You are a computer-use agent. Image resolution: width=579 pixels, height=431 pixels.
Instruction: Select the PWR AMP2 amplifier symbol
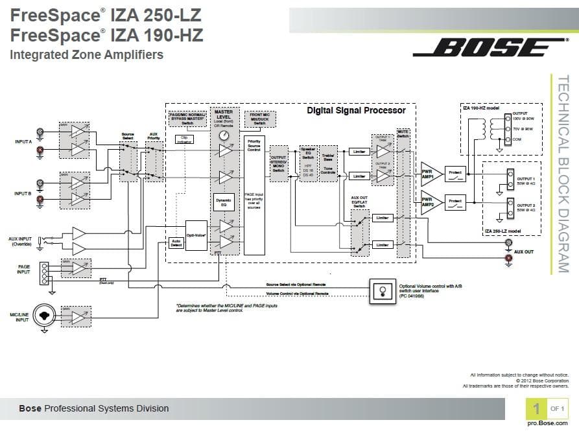click(x=430, y=202)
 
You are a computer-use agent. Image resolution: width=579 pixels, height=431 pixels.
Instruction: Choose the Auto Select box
click(x=175, y=243)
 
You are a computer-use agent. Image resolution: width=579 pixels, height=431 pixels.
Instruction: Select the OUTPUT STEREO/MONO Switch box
click(x=278, y=163)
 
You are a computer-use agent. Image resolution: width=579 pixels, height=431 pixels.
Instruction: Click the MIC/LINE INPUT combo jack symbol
click(x=43, y=316)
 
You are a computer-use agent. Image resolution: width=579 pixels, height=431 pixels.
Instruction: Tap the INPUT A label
click(x=23, y=141)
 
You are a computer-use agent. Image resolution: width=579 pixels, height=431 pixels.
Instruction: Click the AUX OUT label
click(x=524, y=251)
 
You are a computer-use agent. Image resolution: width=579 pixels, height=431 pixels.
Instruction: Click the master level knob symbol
click(x=224, y=135)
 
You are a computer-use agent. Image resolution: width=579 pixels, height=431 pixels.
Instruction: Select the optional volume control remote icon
click(x=382, y=290)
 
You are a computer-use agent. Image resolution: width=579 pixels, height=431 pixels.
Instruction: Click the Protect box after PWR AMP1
click(x=456, y=172)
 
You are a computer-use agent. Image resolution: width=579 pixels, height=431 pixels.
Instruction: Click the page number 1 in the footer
click(x=536, y=408)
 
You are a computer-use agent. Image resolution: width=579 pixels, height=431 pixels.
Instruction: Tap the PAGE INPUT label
click(x=23, y=270)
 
